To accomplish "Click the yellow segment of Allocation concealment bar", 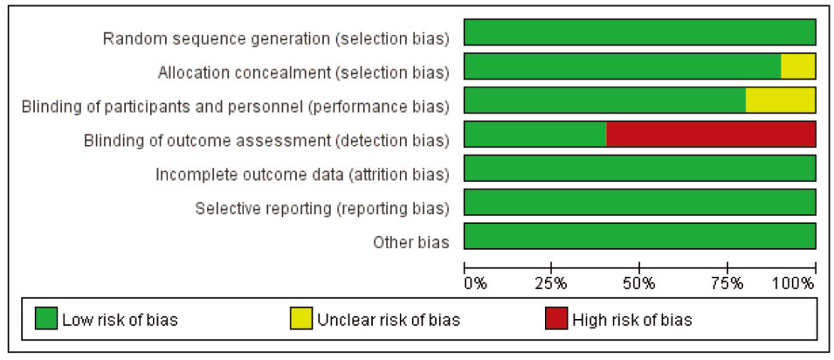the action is pyautogui.click(x=798, y=66).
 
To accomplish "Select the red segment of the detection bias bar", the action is pyautogui.click(x=711, y=135).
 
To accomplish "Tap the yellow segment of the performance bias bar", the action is pyautogui.click(x=780, y=100).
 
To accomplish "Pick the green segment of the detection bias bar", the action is pyautogui.click(x=535, y=135).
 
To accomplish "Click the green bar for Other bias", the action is pyautogui.click(x=640, y=236).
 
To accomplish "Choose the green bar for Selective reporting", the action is pyautogui.click(x=640, y=202).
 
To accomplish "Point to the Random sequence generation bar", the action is pyautogui.click(x=640, y=32).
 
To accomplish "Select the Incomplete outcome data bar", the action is pyautogui.click(x=640, y=168).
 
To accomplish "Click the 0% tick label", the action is pyautogui.click(x=475, y=283).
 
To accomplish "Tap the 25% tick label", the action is pyautogui.click(x=552, y=283).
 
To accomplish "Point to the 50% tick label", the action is pyautogui.click(x=639, y=283).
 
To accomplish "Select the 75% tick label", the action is pyautogui.click(x=727, y=283).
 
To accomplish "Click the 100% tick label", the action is pyautogui.click(x=796, y=283).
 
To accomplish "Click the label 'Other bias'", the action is pyautogui.click(x=410, y=242).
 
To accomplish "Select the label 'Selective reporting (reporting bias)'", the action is pyautogui.click(x=322, y=209).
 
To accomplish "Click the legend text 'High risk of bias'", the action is pyautogui.click(x=632, y=320).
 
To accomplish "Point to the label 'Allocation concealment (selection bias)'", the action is pyautogui.click(x=304, y=73).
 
